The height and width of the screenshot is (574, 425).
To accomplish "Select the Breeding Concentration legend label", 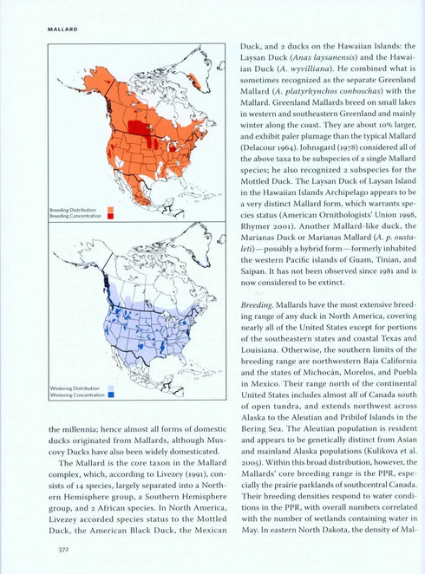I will point(73,216).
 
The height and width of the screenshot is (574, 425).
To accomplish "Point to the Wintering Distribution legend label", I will point(72,388).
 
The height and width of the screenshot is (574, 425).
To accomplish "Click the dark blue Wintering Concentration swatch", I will point(110,395).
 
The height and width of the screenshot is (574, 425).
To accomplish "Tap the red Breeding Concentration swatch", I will point(110,216).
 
